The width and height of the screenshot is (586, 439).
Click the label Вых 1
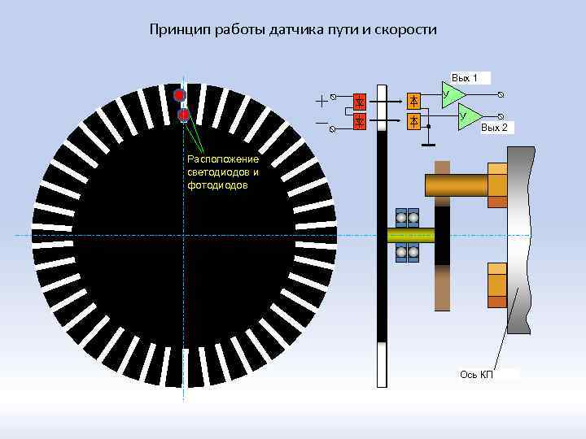coord(465,78)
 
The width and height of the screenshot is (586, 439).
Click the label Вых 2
coord(494,128)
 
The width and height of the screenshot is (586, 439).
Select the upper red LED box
coord(360,101)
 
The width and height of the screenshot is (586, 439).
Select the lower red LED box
coord(360,121)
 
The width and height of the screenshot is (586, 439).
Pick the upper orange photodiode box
coord(414,101)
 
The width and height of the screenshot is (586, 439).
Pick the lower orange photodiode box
coord(414,121)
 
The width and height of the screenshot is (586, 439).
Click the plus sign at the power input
coord(321,101)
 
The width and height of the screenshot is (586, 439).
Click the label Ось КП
coord(476,374)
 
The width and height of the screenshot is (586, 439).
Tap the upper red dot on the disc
coord(180,95)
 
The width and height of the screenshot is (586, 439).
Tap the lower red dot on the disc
coord(183,115)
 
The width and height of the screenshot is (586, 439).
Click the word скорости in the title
coord(405,30)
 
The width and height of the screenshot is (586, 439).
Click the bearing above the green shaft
coord(407,218)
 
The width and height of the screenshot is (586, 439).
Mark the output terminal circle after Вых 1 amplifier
coord(499,94)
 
